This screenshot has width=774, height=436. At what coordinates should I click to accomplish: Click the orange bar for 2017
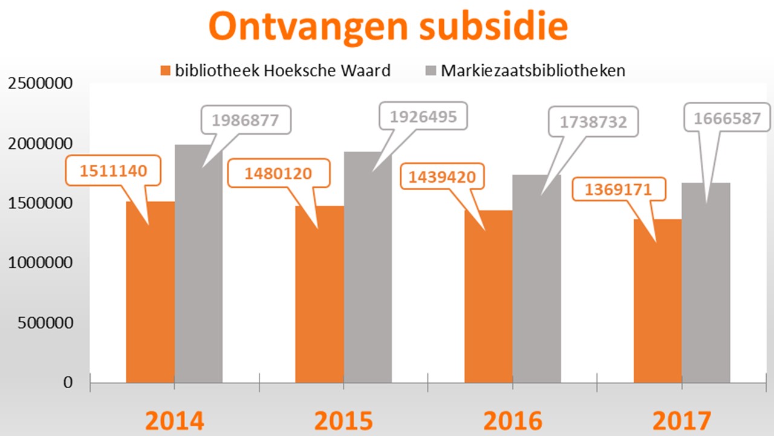coord(657,303)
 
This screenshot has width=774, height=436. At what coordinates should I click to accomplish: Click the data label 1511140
coord(113,171)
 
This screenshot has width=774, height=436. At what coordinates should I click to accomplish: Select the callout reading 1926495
coord(423,116)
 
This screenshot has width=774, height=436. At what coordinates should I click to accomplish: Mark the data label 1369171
coord(618,190)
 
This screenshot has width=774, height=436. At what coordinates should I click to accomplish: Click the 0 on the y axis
coord(67,383)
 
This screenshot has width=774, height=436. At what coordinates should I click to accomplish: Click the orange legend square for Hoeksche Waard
coord(166,71)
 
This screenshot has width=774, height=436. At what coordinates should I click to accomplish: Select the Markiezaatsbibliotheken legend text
coord(533,70)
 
